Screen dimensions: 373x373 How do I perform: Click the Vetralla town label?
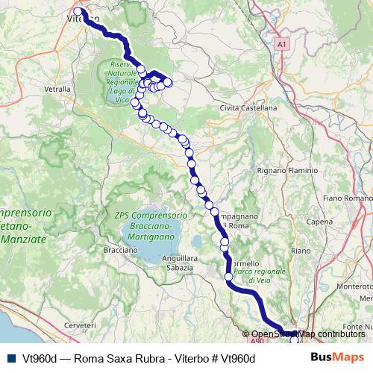[57, 88]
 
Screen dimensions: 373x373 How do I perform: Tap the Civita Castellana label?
[248, 108]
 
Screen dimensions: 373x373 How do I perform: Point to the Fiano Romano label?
[348, 198]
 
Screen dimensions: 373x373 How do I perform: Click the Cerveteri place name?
[81, 326]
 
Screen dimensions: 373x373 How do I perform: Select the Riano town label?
[301, 251]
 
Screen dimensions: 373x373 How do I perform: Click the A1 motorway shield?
[281, 46]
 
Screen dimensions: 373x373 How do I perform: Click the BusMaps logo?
[337, 358]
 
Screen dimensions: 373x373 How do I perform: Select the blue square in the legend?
[9, 358]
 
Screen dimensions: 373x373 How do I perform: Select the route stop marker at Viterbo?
[78, 12]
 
